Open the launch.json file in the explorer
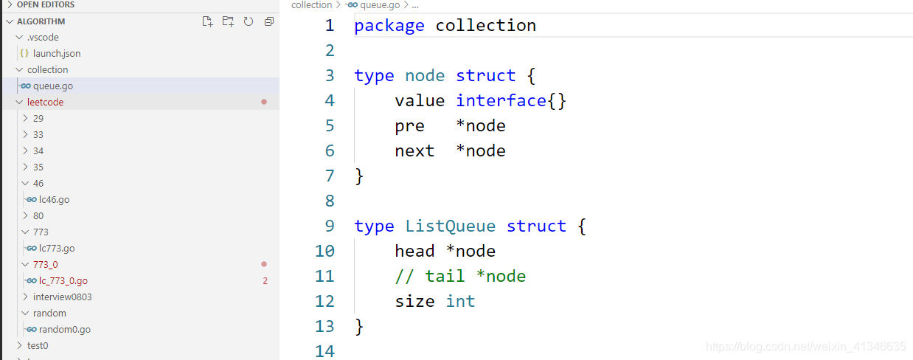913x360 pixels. tap(57, 53)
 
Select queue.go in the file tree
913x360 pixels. tap(52, 86)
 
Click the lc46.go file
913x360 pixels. tap(54, 199)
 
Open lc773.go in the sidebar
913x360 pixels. tap(57, 248)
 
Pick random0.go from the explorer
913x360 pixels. tap(64, 329)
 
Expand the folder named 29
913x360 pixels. tap(38, 118)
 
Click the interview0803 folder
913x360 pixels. tap(62, 297)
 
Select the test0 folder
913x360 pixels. tap(38, 345)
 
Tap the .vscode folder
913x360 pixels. tap(43, 37)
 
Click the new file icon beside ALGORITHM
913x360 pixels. tap(208, 21)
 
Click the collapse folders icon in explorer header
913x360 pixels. tap(269, 21)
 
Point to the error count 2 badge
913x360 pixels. tap(265, 280)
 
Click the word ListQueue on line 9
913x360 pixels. tap(450, 226)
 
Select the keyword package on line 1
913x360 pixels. tap(389, 25)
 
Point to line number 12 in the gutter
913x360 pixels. tap(324, 301)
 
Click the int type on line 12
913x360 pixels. tap(460, 301)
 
